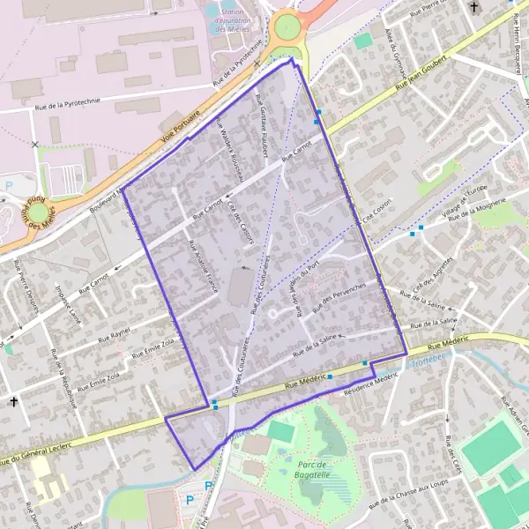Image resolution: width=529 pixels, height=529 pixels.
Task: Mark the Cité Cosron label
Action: coord(376,205)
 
